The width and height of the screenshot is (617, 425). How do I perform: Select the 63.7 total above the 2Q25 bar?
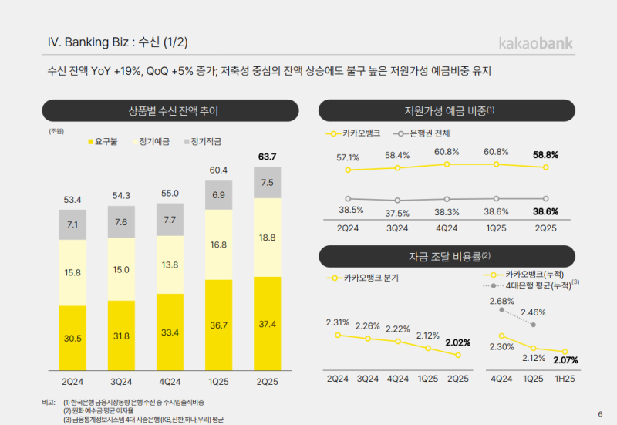tap(268, 157)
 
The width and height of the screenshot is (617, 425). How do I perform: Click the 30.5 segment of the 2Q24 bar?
tap(72, 338)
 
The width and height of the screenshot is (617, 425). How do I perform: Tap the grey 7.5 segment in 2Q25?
tap(268, 183)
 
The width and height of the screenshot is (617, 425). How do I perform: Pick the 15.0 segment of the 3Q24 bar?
tap(121, 269)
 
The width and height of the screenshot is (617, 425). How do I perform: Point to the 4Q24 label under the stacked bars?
tap(170, 381)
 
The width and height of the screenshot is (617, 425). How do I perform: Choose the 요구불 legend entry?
tap(104, 142)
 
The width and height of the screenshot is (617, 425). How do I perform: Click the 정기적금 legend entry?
tap(200, 142)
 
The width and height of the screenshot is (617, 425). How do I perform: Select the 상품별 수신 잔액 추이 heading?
tap(170, 111)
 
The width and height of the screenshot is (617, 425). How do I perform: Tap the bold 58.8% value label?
tap(545, 155)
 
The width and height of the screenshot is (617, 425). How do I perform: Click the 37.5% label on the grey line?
tap(397, 213)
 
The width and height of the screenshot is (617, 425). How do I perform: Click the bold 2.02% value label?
tap(457, 342)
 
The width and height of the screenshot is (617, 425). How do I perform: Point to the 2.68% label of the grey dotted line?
tap(501, 301)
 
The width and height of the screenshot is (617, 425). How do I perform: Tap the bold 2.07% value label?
tap(565, 360)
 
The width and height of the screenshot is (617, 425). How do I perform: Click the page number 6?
tap(600, 413)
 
